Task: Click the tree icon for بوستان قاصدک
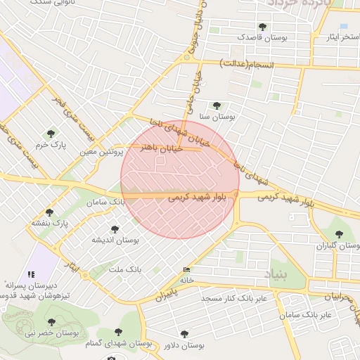tap(262, 27)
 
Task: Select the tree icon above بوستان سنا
tap(217, 105)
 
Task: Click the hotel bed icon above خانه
tap(186, 270)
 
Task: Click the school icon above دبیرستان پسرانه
tap(30, 274)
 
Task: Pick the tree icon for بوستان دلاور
tap(185, 335)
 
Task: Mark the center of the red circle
tap(180, 179)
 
